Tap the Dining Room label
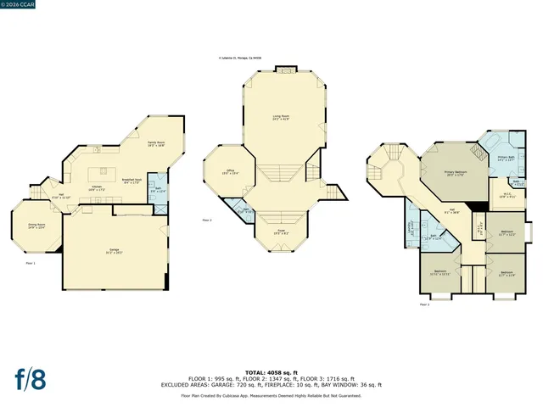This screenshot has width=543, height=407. (x=36, y=226)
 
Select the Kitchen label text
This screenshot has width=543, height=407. (x=97, y=188)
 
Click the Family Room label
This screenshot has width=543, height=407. (x=155, y=144)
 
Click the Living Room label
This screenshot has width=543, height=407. (x=282, y=119)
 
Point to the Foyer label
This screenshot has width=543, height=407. (x=280, y=231)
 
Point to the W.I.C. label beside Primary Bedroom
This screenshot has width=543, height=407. (x=506, y=196)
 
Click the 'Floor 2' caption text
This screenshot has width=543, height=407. (x=207, y=220)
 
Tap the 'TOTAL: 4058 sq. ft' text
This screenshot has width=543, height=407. (x=271, y=372)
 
